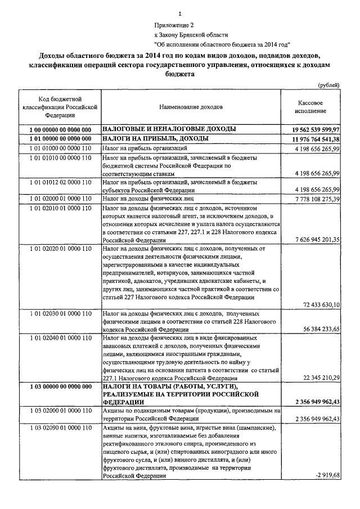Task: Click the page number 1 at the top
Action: point(179,13)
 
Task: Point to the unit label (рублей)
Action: point(328,85)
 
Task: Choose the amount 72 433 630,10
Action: point(322,304)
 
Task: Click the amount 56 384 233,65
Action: point(322,329)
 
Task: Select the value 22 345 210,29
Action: point(322,377)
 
